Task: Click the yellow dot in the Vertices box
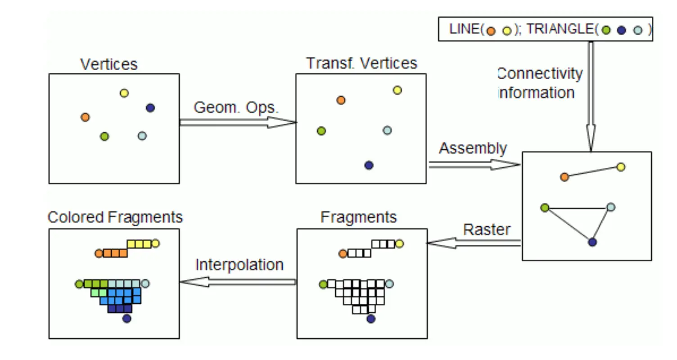click(x=124, y=93)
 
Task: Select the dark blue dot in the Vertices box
click(x=150, y=108)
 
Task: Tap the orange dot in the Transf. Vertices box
click(x=341, y=100)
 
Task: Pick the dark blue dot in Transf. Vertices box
click(x=369, y=165)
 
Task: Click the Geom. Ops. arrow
click(x=238, y=122)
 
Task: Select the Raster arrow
click(x=474, y=243)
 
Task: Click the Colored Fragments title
click(x=115, y=217)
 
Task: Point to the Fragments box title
click(x=359, y=217)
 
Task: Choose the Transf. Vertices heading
click(x=362, y=63)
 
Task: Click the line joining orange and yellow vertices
click(x=593, y=172)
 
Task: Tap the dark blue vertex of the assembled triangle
click(x=592, y=242)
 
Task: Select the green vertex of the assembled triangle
click(x=545, y=207)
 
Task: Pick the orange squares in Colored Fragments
click(x=115, y=253)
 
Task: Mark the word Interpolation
click(x=239, y=265)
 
